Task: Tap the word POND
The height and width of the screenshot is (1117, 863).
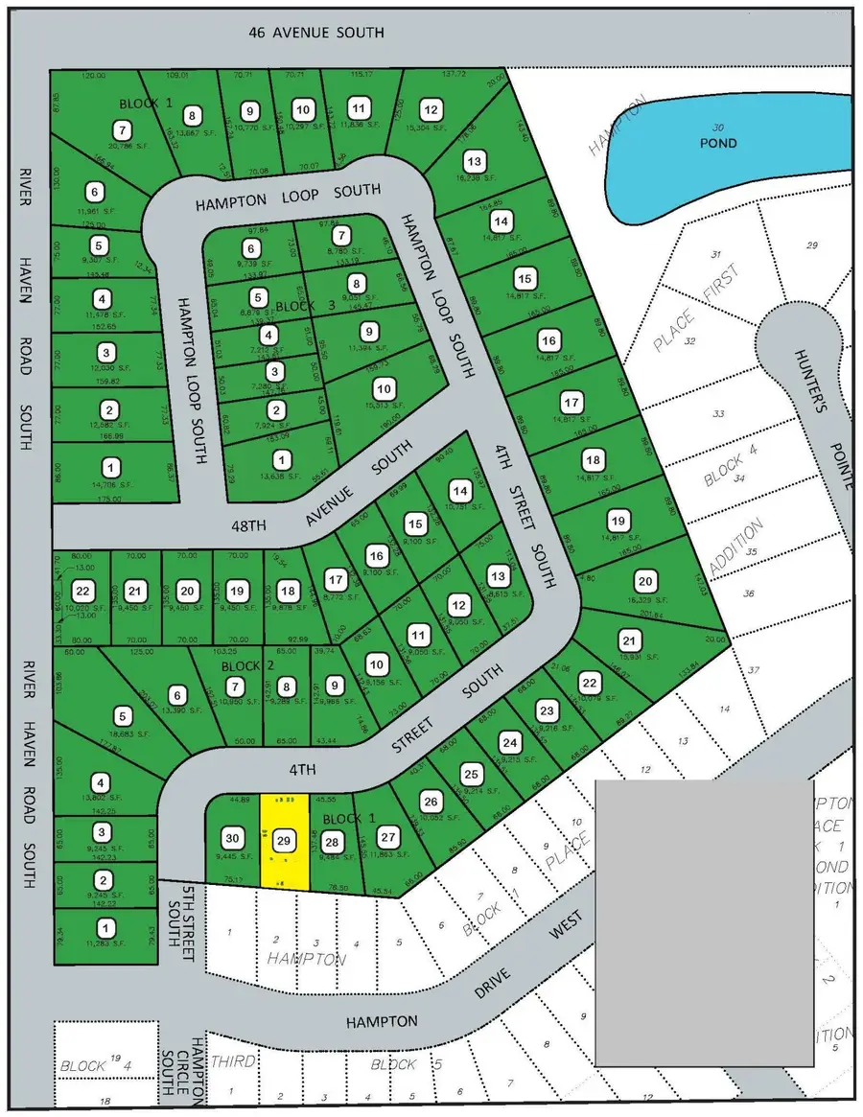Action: pos(718,143)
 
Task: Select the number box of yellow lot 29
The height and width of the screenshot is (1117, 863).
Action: pos(284,840)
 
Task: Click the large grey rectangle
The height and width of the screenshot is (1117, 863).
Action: pos(704,921)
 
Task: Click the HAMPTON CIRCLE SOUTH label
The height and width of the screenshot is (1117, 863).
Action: pos(198,1073)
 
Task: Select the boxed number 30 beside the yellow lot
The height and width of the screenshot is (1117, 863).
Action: pos(230,835)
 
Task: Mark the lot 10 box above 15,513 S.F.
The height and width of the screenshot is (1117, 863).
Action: pos(384,389)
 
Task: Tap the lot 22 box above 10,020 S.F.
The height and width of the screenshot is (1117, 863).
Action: pos(85,591)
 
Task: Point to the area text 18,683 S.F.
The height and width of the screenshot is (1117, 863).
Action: pos(122,732)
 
